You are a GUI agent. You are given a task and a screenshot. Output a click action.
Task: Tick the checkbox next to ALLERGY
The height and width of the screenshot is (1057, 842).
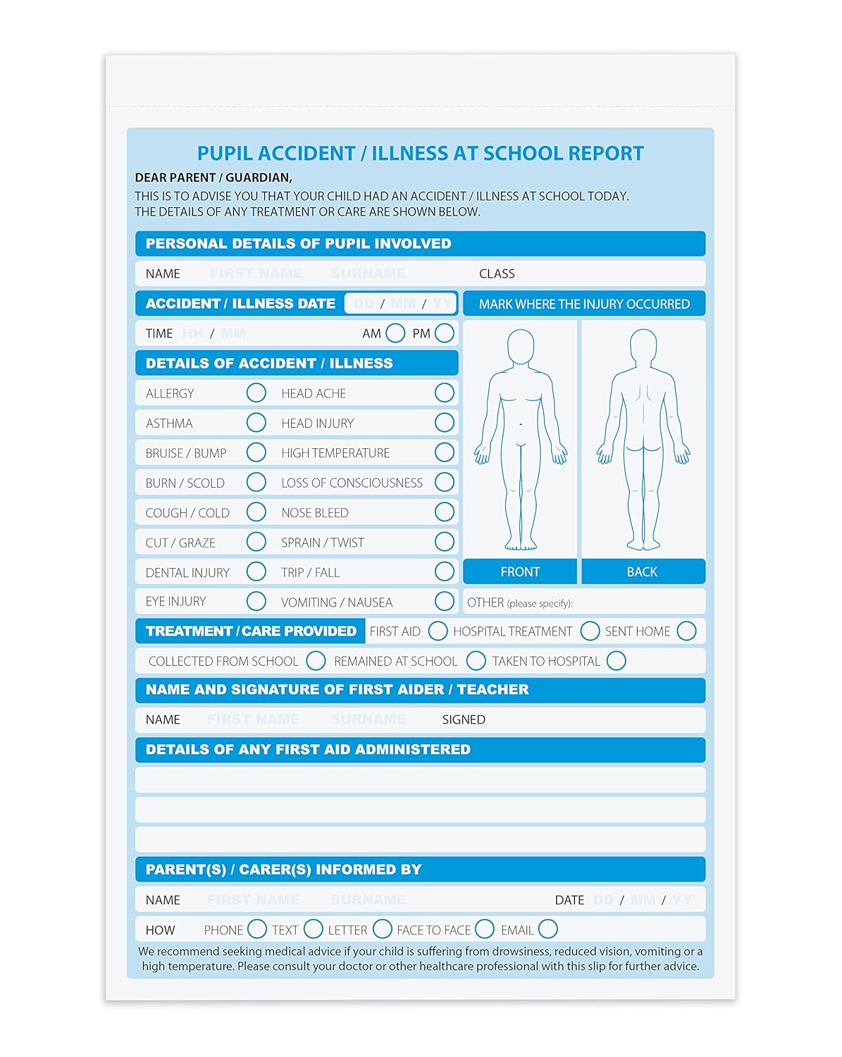click(256, 393)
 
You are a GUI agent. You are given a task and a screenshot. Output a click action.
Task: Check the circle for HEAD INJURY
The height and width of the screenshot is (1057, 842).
click(445, 423)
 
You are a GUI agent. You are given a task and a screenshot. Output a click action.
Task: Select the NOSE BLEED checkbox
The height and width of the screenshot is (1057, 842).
click(445, 512)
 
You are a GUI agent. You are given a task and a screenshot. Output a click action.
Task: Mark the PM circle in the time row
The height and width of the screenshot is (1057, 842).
click(445, 333)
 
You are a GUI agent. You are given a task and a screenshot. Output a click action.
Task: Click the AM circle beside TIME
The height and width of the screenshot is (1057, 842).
click(395, 333)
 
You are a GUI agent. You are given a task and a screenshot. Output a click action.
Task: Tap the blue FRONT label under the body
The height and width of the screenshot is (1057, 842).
click(520, 571)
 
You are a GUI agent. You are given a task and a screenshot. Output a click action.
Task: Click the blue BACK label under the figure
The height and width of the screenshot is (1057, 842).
click(643, 571)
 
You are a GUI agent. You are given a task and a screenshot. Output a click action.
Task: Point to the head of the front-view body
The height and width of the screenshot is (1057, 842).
click(521, 346)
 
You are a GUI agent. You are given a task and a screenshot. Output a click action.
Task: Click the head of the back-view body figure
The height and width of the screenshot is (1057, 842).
click(643, 346)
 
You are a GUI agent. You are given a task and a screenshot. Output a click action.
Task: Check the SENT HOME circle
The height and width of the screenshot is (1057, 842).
click(686, 631)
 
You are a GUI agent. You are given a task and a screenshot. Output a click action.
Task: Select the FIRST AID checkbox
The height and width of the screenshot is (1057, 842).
click(438, 631)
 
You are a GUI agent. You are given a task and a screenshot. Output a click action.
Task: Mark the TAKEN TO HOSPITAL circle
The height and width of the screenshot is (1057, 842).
click(616, 661)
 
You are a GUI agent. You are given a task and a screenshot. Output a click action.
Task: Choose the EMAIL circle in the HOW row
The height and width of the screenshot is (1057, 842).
click(547, 929)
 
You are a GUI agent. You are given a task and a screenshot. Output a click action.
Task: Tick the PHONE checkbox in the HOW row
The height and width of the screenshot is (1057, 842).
click(257, 929)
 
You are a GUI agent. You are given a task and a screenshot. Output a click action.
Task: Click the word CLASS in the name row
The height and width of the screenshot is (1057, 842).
click(497, 273)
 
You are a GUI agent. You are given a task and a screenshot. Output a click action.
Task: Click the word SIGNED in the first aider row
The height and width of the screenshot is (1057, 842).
click(464, 719)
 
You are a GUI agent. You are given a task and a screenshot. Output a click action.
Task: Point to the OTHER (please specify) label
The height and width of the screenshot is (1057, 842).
click(519, 602)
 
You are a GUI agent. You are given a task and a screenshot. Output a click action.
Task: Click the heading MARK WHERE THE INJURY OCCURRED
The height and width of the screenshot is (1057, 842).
click(584, 304)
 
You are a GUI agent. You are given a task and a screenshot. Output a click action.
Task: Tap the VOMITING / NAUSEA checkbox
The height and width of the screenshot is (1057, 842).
click(445, 602)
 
